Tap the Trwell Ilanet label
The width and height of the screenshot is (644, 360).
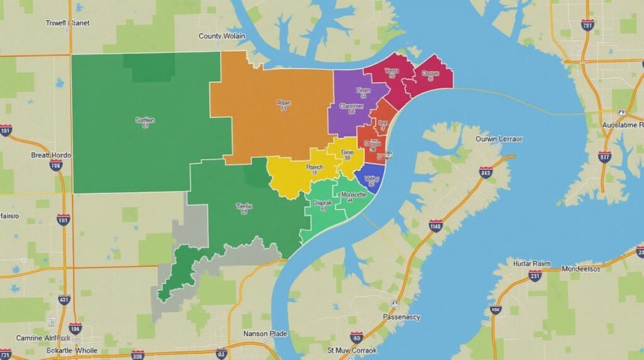pyautogui.click(x=68, y=23)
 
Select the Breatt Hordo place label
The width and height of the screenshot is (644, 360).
pyautogui.click(x=51, y=155)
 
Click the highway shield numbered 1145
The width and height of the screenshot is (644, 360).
pyautogui.click(x=435, y=225)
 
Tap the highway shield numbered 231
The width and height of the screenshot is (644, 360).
pyautogui.click(x=535, y=275)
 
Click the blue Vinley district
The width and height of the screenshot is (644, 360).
pyautogui.click(x=372, y=178)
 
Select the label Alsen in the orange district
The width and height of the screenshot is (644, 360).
pyautogui.click(x=284, y=102)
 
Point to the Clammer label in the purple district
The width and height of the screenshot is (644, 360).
pyautogui.click(x=351, y=106)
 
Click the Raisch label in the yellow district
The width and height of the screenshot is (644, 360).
pyautogui.click(x=314, y=167)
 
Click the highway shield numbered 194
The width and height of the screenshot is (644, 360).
pyautogui.click(x=75, y=328)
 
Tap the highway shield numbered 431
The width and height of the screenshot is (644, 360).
pyautogui.click(x=64, y=300)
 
